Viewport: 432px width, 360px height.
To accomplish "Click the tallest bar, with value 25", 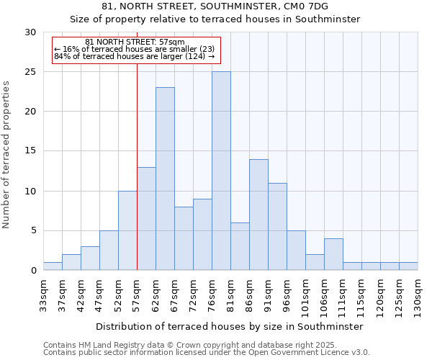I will coord(221,171).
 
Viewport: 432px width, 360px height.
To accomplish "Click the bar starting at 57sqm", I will coord(146,219).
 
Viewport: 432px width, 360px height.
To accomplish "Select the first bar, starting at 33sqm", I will coord(53,266).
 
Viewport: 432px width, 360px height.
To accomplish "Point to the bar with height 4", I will coord(333,254).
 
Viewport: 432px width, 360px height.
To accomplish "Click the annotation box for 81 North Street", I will coord(135,50).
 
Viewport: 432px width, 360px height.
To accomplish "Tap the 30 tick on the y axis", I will coord(30,32).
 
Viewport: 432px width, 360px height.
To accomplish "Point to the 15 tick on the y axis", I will coord(30,151).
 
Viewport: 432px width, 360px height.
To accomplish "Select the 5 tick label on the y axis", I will coord(33,231).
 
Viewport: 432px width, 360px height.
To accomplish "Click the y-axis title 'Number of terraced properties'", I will coord(6,154).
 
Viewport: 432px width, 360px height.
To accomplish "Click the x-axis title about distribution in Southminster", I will coord(230,326).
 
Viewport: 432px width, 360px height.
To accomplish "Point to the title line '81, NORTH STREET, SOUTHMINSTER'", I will coord(215,6).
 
